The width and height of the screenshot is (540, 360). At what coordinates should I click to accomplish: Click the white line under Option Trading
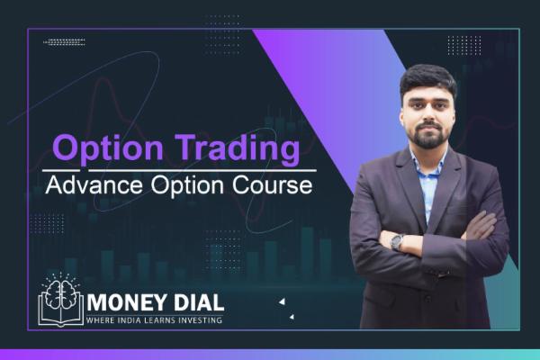tap(180, 170)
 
